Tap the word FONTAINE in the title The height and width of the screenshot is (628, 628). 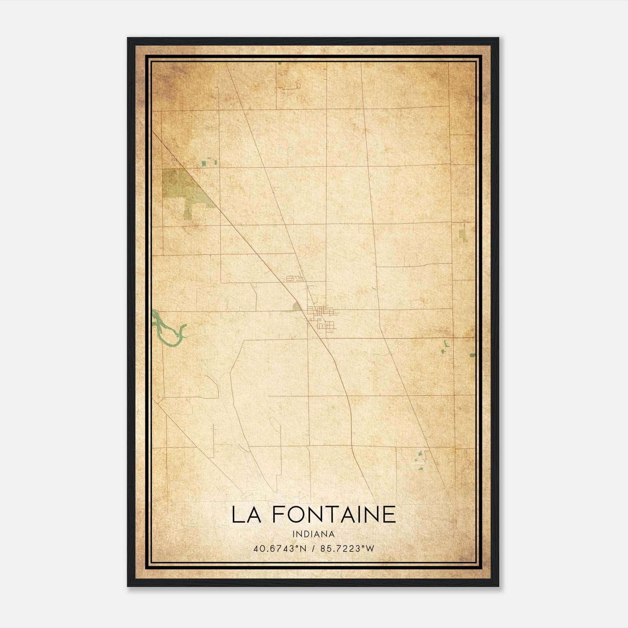tap(334, 515)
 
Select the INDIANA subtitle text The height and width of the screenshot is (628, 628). tap(313, 534)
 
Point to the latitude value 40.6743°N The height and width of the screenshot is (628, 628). tap(279, 549)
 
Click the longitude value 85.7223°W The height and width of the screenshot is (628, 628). tap(347, 549)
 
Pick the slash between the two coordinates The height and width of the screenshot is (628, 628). tap(314, 549)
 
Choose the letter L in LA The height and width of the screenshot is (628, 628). tap(237, 515)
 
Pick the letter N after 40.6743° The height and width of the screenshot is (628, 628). tap(304, 549)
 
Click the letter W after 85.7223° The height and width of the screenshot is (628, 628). tap(371, 549)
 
